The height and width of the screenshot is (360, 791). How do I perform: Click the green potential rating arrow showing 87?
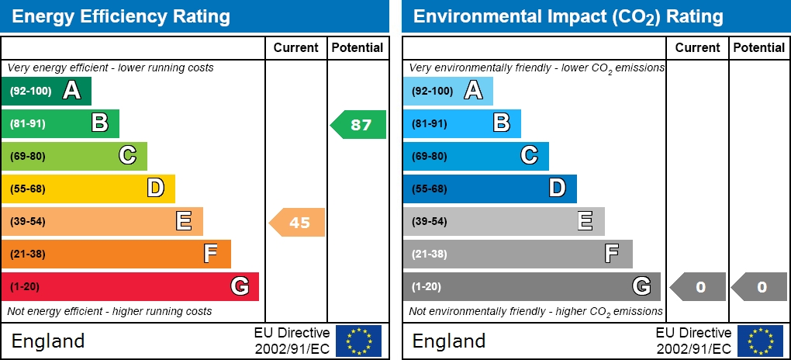click(359, 124)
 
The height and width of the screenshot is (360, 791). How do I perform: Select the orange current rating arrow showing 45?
click(297, 223)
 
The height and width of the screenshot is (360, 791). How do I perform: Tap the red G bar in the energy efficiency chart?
click(130, 286)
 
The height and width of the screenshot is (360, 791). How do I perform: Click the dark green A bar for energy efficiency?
click(47, 91)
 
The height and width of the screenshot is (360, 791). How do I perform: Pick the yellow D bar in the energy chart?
click(88, 189)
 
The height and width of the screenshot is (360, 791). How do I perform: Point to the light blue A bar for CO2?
click(447, 91)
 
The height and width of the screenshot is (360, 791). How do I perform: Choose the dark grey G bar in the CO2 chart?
click(531, 286)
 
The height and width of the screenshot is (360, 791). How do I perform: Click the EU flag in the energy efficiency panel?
click(358, 341)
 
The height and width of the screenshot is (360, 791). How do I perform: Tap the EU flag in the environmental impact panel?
click(760, 341)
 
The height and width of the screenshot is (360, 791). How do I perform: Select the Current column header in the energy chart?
click(295, 47)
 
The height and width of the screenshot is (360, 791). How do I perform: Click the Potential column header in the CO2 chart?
click(758, 47)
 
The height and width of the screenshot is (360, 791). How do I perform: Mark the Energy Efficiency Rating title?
click(122, 16)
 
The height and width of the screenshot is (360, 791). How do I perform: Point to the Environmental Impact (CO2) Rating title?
click(568, 16)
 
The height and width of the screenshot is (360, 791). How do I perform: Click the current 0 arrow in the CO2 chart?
click(698, 287)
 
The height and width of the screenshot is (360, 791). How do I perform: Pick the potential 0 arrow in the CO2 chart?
click(759, 287)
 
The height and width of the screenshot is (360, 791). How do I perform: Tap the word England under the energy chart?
click(48, 341)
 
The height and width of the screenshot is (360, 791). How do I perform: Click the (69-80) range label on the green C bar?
click(28, 156)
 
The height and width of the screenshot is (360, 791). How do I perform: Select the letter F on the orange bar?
click(210, 254)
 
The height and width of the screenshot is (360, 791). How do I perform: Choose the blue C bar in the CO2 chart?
click(475, 156)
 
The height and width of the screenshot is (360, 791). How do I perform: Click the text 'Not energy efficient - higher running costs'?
click(109, 311)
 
